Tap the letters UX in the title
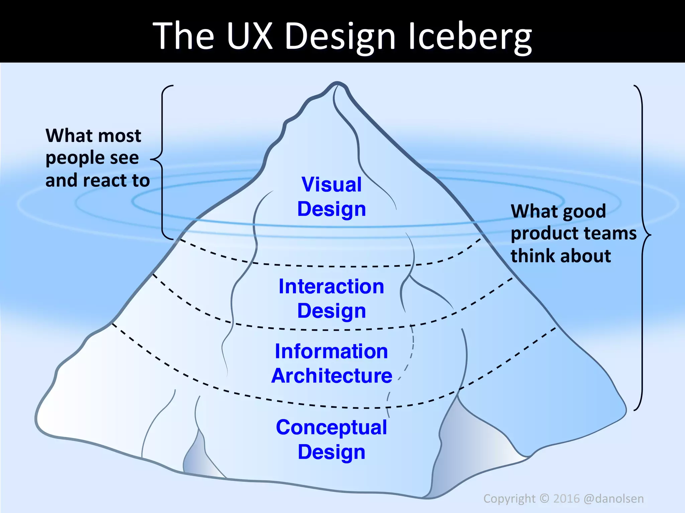[x=249, y=36]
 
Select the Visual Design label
[x=331, y=197]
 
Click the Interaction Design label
[x=331, y=299]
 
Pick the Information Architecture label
[x=331, y=363]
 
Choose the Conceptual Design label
[x=331, y=440]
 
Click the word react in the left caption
[x=105, y=181]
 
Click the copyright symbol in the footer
[x=545, y=498]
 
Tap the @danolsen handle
[x=613, y=499]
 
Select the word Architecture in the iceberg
[x=331, y=376]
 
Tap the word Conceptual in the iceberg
[x=331, y=427]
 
